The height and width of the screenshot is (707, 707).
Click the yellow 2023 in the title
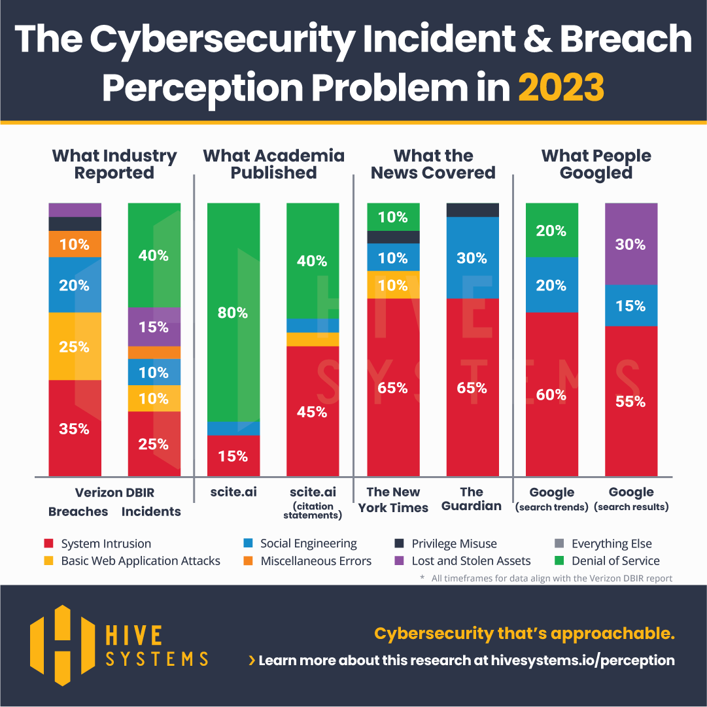[x=561, y=88]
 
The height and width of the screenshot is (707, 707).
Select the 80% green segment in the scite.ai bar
[x=233, y=313]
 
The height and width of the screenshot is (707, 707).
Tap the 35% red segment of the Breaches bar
[x=75, y=428]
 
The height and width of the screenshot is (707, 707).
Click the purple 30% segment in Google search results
[x=631, y=244]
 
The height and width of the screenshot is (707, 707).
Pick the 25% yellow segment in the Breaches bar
[x=75, y=347]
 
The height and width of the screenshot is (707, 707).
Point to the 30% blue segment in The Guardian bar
[x=472, y=258]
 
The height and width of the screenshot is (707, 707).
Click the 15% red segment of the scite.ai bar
[x=233, y=456]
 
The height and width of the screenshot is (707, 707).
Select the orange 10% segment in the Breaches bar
[x=75, y=244]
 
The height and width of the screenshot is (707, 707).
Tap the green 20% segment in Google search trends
[x=552, y=230]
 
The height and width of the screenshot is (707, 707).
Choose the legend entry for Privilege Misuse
[x=453, y=543]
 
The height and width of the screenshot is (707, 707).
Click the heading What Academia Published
[x=273, y=164]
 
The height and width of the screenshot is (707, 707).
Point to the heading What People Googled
[x=596, y=164]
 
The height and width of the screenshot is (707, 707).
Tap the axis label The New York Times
[x=393, y=500]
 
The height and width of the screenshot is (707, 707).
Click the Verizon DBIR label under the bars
[x=114, y=492]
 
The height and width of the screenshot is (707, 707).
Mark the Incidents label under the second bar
[x=151, y=512]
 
